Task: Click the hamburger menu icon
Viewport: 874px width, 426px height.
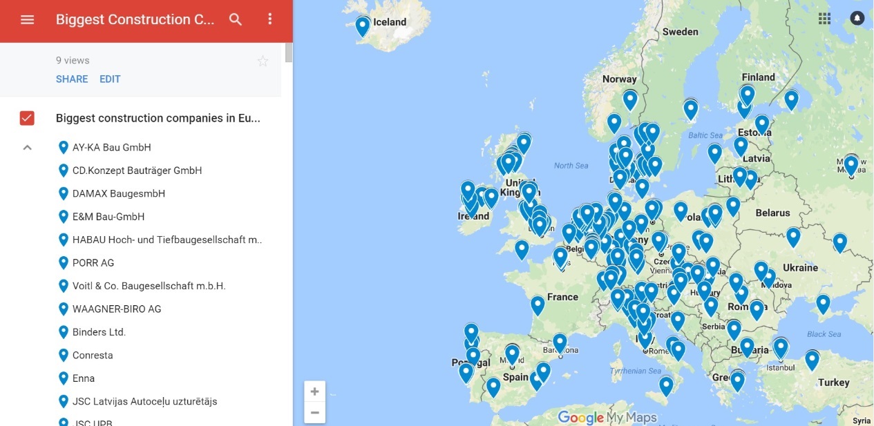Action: click(27, 19)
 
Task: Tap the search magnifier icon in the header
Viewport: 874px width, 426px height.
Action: click(236, 19)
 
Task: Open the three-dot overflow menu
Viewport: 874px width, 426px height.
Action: click(270, 19)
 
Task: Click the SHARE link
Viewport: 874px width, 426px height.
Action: click(72, 79)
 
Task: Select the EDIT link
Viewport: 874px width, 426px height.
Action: click(110, 79)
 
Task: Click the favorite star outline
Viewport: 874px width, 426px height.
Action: click(263, 61)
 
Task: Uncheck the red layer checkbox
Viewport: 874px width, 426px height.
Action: click(27, 118)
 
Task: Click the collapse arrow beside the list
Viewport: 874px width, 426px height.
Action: click(28, 147)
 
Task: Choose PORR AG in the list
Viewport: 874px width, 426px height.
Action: click(93, 262)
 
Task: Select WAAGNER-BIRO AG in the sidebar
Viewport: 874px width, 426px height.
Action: click(117, 309)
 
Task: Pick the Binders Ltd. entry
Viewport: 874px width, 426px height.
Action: click(99, 332)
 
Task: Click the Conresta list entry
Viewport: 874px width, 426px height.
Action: click(93, 355)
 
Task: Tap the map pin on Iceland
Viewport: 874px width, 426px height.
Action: click(363, 26)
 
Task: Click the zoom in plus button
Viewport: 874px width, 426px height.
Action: click(314, 391)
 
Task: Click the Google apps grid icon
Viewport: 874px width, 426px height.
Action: click(824, 19)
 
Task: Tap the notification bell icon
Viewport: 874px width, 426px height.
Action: click(857, 19)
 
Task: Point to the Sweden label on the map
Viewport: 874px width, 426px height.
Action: click(680, 32)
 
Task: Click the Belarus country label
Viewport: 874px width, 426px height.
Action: click(772, 213)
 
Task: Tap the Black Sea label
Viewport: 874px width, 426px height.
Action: click(824, 334)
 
